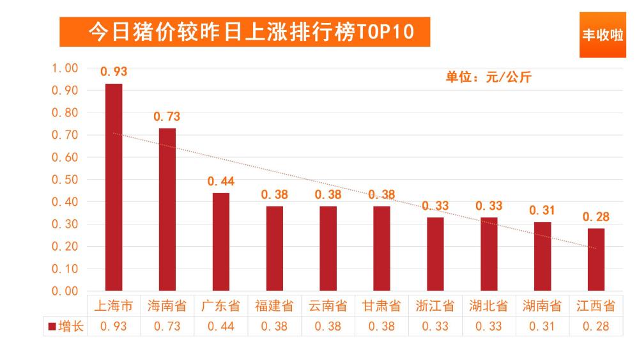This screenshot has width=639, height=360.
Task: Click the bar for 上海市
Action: [114, 187]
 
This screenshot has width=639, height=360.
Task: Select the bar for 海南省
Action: [167, 209]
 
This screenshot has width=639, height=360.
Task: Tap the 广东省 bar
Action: [221, 242]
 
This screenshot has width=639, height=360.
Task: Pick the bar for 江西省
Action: [596, 259]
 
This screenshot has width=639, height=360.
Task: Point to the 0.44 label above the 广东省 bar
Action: [221, 182]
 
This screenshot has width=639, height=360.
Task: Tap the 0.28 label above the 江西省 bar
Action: [596, 217]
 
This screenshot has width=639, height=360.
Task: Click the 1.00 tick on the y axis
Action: [65, 68]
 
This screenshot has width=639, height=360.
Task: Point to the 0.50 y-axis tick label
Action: [65, 180]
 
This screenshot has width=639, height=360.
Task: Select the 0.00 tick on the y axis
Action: [65, 291]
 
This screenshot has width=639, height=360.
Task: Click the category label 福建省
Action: [275, 306]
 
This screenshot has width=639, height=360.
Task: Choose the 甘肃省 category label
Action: [381, 306]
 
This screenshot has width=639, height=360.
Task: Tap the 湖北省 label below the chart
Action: [489, 306]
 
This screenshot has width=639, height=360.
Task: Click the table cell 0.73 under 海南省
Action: [167, 326]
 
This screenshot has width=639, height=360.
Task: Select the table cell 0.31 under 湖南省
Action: [543, 326]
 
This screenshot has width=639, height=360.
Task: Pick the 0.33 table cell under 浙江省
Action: [435, 326]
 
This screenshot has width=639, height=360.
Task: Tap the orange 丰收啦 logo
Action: [603, 35]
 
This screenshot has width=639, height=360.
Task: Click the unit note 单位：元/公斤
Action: [488, 77]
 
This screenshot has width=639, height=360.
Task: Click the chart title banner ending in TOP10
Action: [245, 31]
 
